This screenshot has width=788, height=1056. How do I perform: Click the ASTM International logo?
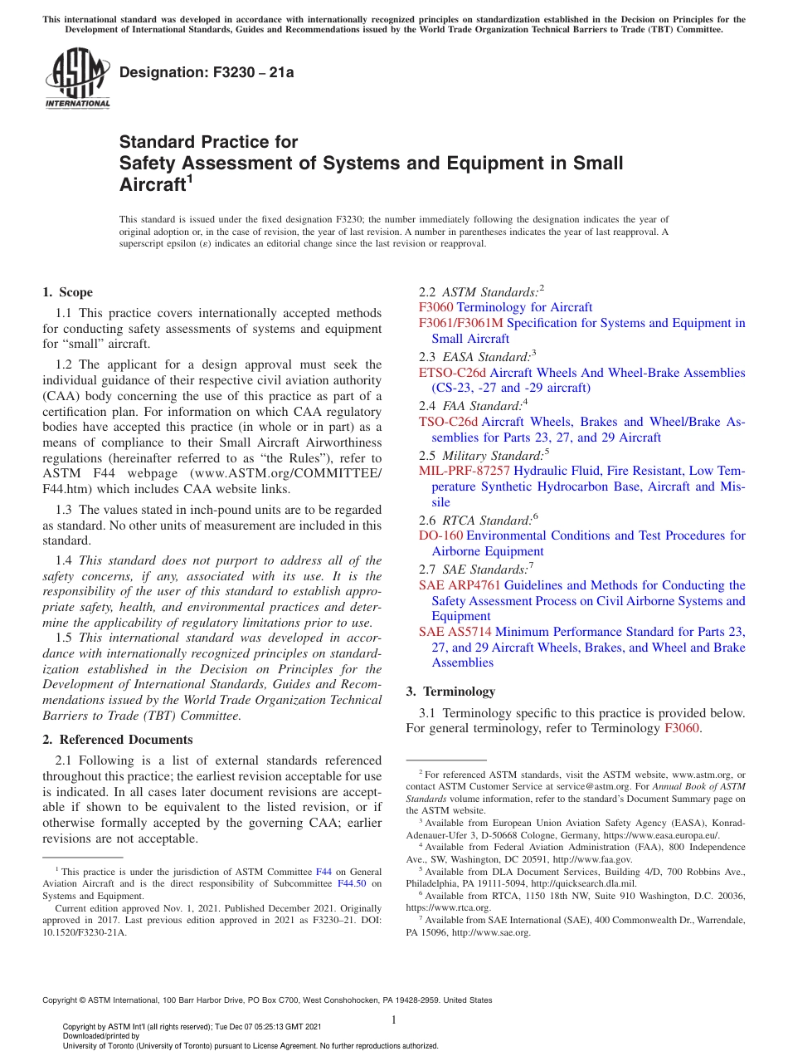[77, 79]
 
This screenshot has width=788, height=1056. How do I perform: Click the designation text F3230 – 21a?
[207, 72]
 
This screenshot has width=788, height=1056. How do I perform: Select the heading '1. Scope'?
[68, 292]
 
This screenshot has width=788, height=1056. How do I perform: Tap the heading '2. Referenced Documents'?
[118, 740]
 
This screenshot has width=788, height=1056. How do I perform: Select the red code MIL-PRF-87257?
[465, 471]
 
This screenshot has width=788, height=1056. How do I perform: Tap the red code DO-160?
[440, 535]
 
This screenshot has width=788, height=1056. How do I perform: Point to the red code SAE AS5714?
[455, 632]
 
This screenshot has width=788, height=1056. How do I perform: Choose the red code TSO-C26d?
[448, 422]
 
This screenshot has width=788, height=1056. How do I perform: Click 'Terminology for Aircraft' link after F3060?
[525, 307]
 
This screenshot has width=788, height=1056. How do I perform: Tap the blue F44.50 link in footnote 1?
[352, 883]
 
